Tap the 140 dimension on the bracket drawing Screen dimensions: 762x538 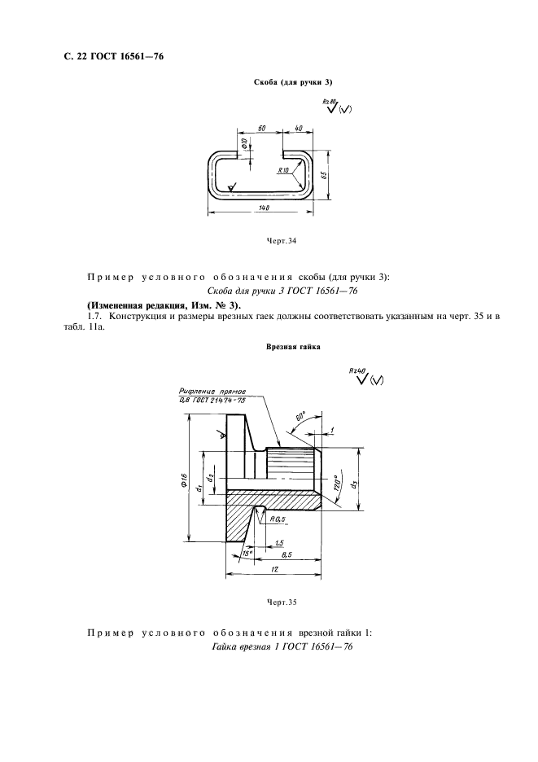click(x=264, y=208)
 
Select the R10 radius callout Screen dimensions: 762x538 click(x=282, y=170)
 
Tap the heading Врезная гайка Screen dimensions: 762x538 click(x=292, y=347)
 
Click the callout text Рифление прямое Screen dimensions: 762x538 click(x=206, y=392)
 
